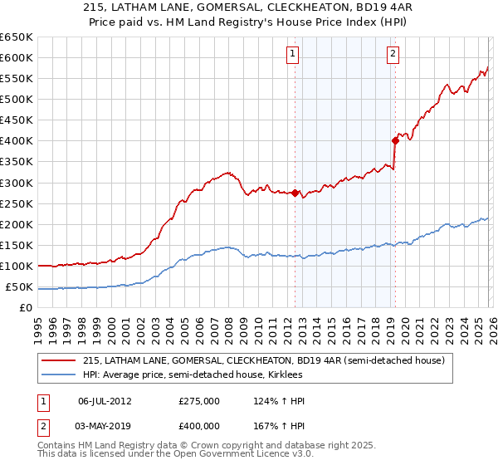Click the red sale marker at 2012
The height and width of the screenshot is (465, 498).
tap(295, 193)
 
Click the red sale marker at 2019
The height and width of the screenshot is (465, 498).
tap(395, 140)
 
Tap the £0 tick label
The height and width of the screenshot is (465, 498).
tap(26, 308)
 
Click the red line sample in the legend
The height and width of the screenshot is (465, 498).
tap(59, 360)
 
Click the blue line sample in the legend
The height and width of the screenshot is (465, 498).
tap(59, 374)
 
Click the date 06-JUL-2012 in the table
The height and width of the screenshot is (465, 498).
tap(105, 401)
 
